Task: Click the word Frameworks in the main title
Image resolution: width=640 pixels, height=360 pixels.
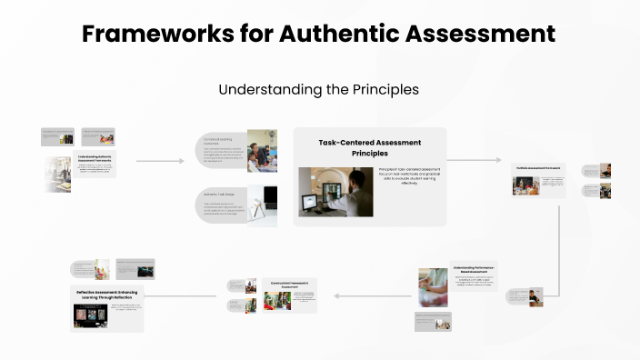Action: (146, 34)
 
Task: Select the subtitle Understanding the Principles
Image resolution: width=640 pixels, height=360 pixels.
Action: (318, 90)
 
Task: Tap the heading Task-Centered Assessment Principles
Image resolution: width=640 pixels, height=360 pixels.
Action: (370, 148)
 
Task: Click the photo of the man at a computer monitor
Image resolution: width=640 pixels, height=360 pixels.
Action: (335, 192)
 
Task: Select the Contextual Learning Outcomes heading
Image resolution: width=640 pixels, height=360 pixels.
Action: (220, 140)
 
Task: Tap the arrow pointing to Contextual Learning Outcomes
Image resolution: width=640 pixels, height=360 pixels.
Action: (181, 161)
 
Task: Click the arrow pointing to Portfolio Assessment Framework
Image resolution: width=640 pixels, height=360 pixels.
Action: (498, 160)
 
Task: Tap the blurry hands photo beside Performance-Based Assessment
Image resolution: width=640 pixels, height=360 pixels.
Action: (433, 286)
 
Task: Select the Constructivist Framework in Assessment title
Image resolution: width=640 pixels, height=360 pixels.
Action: (290, 284)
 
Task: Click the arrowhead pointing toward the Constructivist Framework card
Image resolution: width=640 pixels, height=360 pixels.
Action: (337, 296)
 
